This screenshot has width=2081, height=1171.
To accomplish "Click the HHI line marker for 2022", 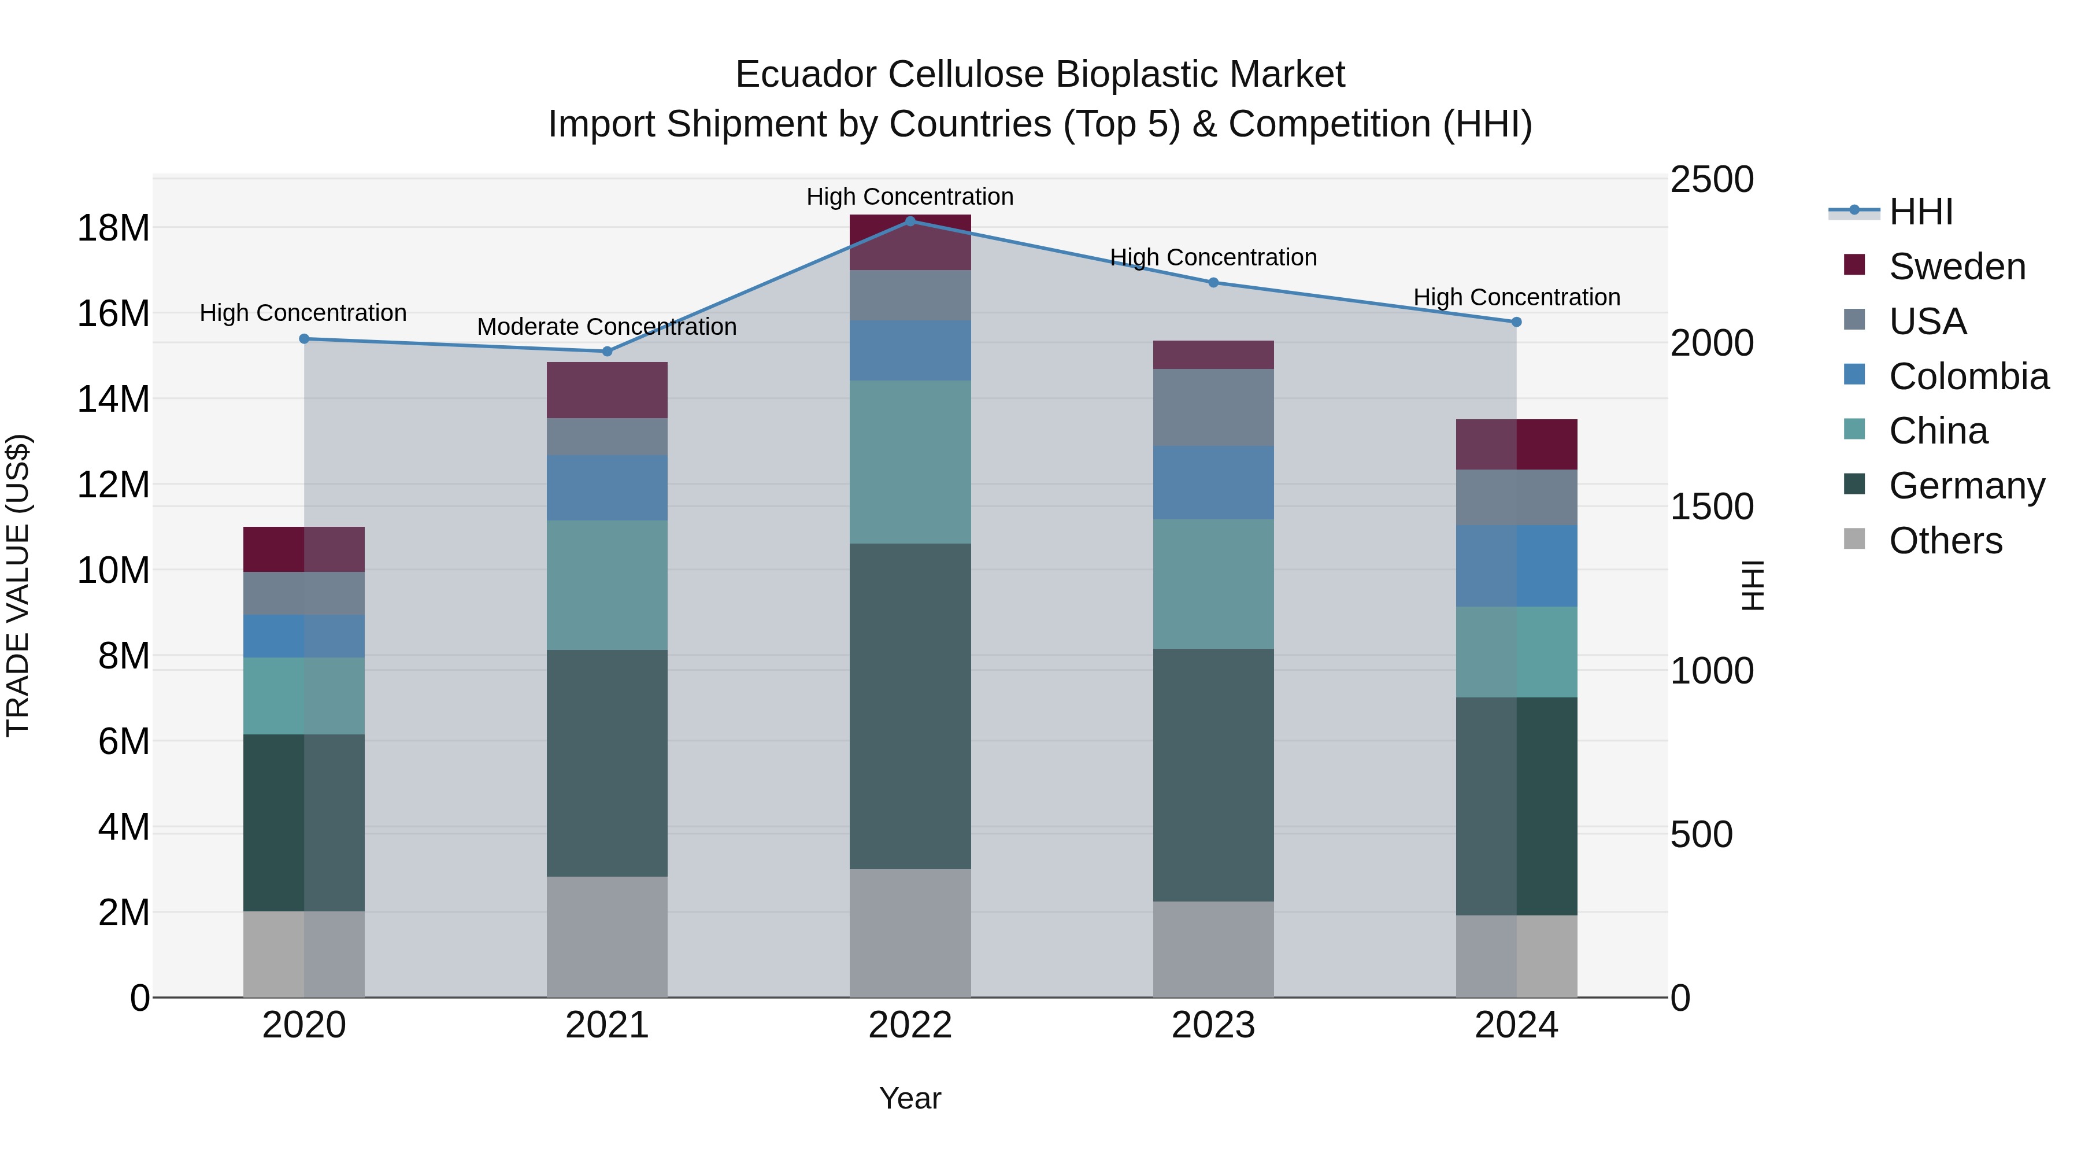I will [910, 221].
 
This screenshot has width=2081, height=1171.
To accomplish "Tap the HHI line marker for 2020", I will [305, 339].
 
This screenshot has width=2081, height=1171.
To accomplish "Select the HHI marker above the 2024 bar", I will [1516, 322].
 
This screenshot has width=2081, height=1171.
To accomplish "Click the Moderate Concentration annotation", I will [607, 327].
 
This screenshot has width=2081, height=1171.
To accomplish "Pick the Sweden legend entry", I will [1956, 267].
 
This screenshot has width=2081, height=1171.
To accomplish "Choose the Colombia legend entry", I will [1967, 376].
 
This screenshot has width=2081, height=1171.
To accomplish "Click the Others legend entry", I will [1945, 541].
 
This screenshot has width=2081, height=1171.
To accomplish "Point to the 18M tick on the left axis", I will [113, 228].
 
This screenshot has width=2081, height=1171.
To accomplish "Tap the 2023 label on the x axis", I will [1213, 1025].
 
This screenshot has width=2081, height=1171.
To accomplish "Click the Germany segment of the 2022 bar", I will [910, 705].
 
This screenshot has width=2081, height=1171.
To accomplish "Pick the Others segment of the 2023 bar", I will [1213, 949].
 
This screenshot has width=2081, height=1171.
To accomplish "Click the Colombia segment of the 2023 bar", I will [1213, 482].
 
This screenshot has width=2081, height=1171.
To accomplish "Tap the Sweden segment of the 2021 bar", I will [607, 390].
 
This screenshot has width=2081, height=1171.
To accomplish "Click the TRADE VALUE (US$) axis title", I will [18, 585].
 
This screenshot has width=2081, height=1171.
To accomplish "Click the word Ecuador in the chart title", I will [809, 75].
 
